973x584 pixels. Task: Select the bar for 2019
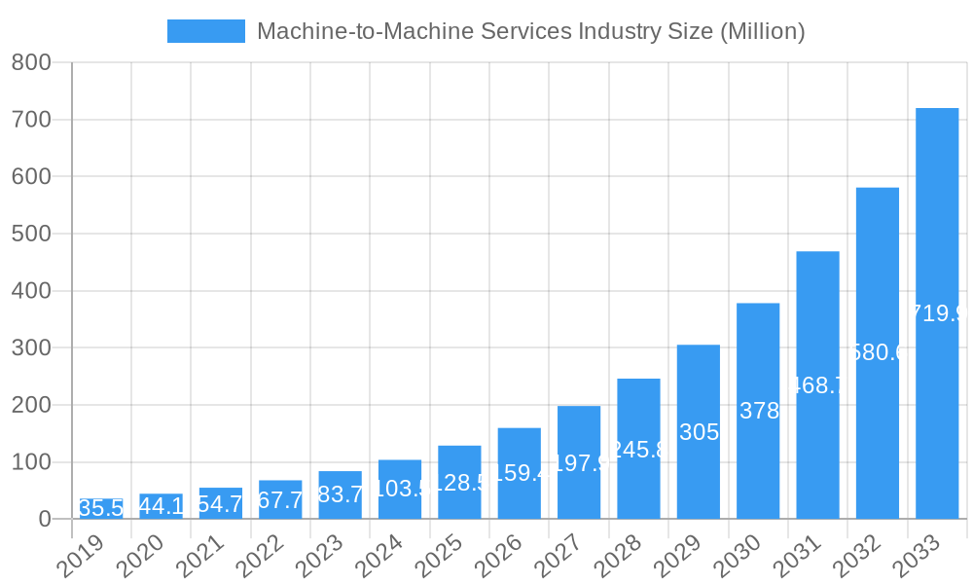(101, 509)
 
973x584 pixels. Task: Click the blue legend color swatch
(206, 31)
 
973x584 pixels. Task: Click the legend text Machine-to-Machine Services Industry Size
(530, 31)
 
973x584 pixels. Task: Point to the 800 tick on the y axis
(31, 62)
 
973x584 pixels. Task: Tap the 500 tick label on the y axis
(31, 234)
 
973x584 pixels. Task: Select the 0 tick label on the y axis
(45, 519)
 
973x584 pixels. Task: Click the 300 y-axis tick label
(31, 347)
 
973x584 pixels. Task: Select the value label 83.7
(340, 495)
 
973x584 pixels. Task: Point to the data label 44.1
(161, 506)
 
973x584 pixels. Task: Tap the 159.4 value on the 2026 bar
(519, 474)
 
